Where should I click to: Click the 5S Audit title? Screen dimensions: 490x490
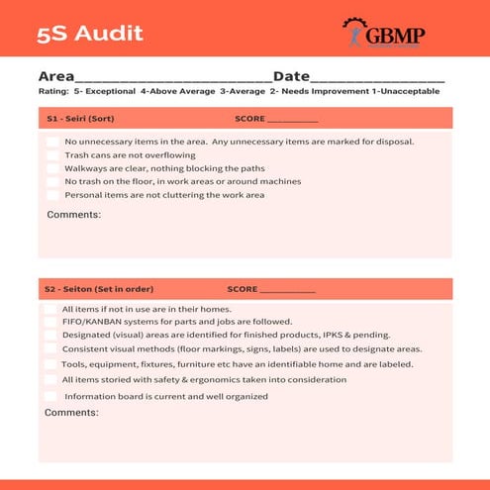90,33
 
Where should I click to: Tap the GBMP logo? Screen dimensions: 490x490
383,35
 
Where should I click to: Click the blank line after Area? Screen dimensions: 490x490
172,78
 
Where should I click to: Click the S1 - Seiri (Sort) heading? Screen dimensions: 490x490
80,119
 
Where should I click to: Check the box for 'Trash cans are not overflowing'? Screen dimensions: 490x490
51,155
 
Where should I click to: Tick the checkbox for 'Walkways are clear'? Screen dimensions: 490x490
51,168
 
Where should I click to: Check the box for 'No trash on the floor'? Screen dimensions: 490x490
51,182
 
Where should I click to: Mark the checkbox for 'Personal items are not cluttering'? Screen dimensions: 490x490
51,195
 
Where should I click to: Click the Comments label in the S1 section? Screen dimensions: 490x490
73,215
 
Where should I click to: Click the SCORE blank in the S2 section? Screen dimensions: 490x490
287,290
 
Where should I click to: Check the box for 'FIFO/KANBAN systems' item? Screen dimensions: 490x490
50,322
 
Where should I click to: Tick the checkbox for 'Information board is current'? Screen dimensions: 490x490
50,396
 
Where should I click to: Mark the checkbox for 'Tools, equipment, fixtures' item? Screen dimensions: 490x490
50,364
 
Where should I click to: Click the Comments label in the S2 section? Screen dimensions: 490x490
71,412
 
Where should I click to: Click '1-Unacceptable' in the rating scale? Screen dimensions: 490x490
407,92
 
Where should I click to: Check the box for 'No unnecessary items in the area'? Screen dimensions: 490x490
51,142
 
